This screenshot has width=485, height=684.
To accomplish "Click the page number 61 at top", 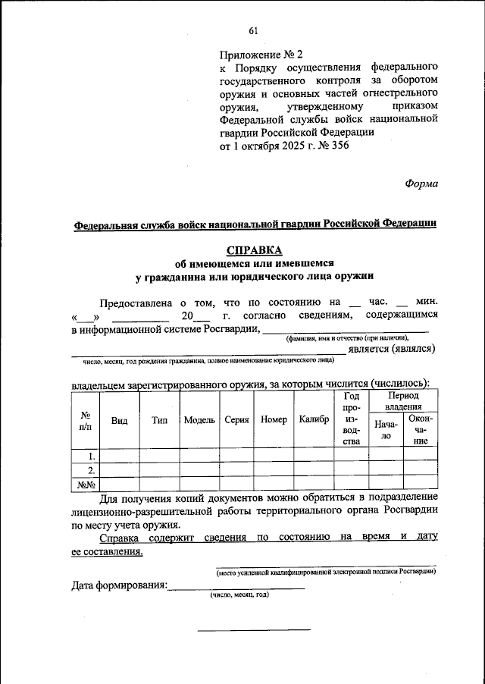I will click(x=253, y=30).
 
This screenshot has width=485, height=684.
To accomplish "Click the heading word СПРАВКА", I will click(x=254, y=250).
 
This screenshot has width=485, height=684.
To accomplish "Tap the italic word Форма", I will click(x=421, y=183).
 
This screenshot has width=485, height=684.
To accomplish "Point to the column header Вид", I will click(x=119, y=420).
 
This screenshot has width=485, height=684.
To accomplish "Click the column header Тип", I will click(x=159, y=420).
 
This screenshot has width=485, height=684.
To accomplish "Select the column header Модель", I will click(x=199, y=420).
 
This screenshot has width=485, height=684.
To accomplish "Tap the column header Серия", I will click(x=237, y=420).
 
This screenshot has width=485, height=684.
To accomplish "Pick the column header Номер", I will click(x=273, y=420).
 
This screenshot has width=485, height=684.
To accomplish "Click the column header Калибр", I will click(x=314, y=420).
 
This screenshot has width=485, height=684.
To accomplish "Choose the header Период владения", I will click(x=403, y=402).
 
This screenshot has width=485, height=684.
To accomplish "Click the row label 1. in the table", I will click(x=90, y=456).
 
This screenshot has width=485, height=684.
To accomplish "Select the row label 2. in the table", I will click(x=90, y=469).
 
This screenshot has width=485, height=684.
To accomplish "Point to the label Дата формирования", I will click(x=119, y=585).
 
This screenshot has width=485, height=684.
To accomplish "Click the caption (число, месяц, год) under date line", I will click(x=239, y=595).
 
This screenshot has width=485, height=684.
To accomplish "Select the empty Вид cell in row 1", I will click(x=119, y=456).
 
